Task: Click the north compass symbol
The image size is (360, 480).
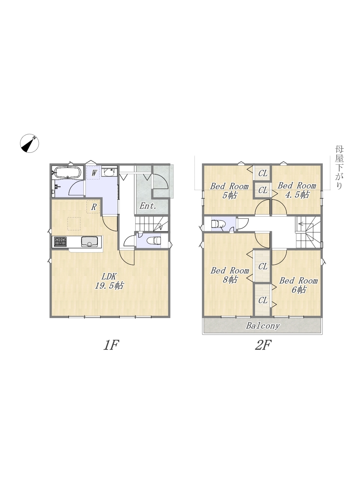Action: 29,143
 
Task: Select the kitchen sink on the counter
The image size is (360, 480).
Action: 90,241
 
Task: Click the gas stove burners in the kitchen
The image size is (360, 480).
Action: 60,242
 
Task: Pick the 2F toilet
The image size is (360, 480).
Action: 218,224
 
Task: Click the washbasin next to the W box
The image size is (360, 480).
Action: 109,172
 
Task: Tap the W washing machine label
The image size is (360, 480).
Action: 94,173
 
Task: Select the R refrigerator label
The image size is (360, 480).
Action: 93,207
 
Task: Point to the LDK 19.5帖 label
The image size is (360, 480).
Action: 109,281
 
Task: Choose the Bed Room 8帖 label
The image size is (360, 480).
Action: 230,275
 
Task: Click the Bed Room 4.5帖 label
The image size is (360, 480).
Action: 297,190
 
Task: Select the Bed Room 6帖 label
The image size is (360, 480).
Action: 298,285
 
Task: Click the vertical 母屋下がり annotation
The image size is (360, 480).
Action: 339,168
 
